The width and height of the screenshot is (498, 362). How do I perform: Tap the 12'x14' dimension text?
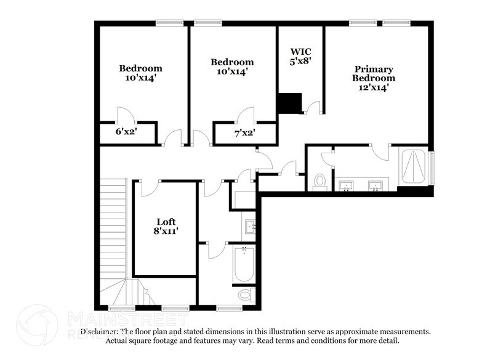click(373, 87)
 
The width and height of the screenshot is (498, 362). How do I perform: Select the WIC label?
click(300, 52)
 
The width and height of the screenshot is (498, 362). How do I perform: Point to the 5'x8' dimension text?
click(300, 61)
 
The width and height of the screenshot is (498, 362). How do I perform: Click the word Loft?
click(166, 222)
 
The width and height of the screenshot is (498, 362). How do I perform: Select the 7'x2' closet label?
click(244, 132)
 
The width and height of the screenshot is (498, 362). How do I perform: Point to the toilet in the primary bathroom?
click(319, 181)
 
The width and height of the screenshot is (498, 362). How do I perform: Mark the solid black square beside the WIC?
click(289, 103)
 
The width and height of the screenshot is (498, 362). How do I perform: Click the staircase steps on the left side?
click(112, 228)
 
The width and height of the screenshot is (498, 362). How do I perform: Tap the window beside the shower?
click(432, 167)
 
